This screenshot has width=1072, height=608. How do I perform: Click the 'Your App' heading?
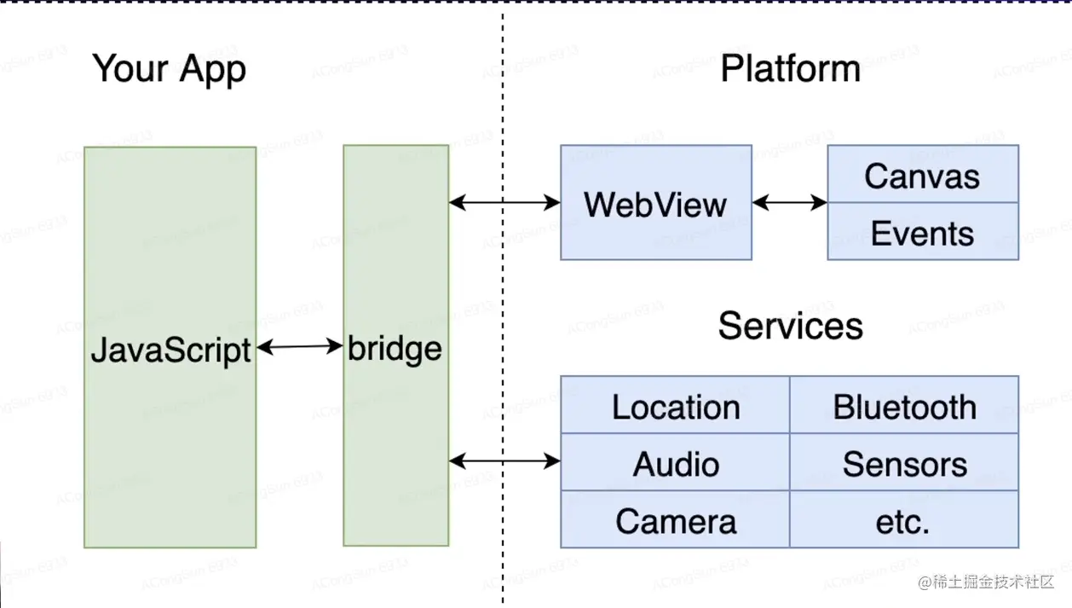tap(169, 69)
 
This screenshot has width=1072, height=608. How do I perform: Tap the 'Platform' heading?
tap(790, 69)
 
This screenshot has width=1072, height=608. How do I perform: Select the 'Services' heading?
tap(790, 326)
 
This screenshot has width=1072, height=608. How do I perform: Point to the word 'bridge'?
tap(395, 349)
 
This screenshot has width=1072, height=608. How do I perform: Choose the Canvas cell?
tap(922, 177)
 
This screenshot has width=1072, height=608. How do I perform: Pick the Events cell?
tap(922, 233)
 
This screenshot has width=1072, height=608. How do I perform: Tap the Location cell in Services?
tap(676, 407)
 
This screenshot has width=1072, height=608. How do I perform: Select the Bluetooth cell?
tap(904, 407)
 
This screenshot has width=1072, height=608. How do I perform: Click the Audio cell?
tap(676, 464)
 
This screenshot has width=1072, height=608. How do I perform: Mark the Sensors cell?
tap(904, 464)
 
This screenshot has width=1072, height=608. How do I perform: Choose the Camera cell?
tap(676, 521)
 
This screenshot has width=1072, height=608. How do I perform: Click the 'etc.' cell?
tap(904, 521)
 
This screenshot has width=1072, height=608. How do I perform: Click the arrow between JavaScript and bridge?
tap(299, 346)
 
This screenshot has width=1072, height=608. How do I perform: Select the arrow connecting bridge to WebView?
tap(504, 202)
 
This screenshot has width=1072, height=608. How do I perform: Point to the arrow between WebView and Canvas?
tap(789, 203)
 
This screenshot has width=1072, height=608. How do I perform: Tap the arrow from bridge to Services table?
tap(504, 461)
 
